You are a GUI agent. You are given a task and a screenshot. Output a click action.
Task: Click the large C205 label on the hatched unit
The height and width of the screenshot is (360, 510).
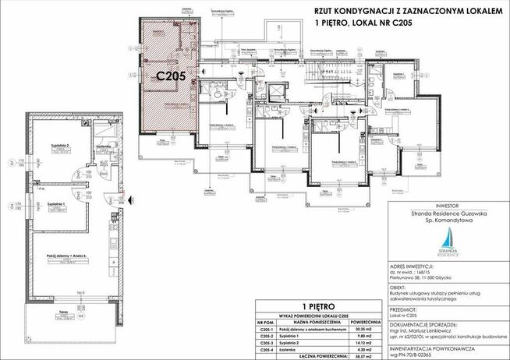(169, 76)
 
